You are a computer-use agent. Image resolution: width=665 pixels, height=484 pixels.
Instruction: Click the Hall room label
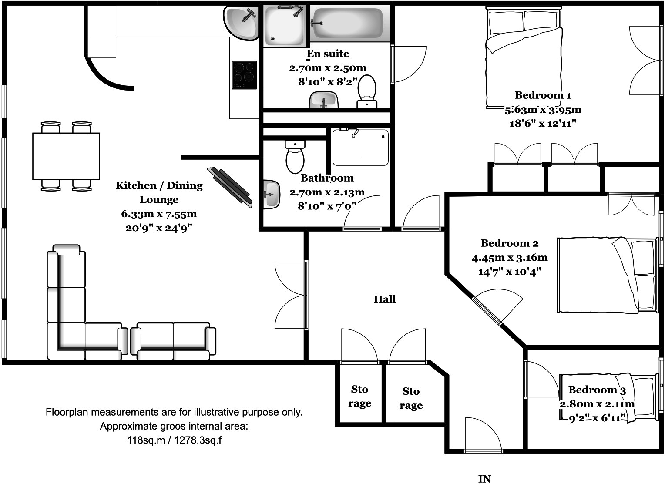[x=384, y=299]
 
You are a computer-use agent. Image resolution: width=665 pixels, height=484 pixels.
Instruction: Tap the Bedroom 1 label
[x=543, y=95]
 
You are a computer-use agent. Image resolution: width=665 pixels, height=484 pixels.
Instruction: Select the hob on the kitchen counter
[x=244, y=75]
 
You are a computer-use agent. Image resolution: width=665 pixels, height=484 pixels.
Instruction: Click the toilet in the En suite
[x=367, y=91]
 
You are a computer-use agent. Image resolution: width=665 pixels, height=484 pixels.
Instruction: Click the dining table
[x=66, y=156]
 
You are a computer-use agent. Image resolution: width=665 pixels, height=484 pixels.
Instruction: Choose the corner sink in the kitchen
[x=241, y=23]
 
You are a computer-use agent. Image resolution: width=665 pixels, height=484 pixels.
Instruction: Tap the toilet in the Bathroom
[x=295, y=157]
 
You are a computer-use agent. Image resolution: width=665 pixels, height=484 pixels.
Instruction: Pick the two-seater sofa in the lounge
[x=173, y=341]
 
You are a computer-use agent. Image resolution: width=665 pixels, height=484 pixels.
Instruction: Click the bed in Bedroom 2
[x=607, y=275]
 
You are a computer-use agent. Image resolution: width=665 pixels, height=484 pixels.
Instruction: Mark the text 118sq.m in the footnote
[x=146, y=440]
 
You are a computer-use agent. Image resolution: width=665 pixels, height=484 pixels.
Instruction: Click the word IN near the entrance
[x=484, y=479]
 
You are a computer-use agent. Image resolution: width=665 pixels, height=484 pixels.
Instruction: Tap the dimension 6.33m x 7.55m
[x=159, y=214]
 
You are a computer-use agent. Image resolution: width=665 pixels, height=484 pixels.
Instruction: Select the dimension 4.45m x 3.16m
[x=510, y=257]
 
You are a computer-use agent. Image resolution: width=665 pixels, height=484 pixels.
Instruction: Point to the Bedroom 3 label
[x=597, y=390]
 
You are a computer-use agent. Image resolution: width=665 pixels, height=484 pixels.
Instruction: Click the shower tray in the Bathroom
[x=360, y=147]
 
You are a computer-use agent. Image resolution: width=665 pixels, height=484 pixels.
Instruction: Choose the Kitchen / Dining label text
[x=159, y=185]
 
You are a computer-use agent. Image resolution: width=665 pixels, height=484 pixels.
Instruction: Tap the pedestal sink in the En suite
[x=324, y=100]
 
